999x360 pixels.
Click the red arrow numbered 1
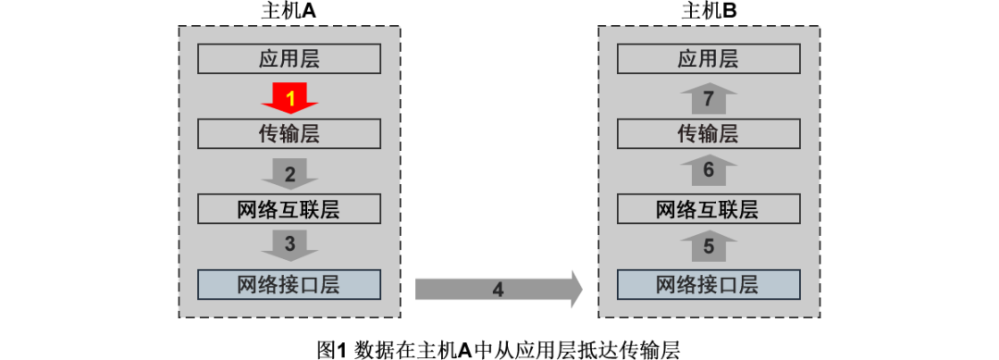(x=290, y=96)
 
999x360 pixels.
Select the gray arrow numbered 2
(x=290, y=172)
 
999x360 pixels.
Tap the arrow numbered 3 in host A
(x=290, y=245)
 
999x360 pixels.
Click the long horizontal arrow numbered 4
(x=498, y=289)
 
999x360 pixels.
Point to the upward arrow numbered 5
(x=709, y=246)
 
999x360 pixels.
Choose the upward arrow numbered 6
(x=709, y=170)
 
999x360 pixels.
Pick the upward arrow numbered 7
(x=709, y=97)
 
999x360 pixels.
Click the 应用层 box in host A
(x=290, y=60)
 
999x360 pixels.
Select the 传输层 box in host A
(x=290, y=134)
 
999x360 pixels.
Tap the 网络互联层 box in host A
(x=290, y=209)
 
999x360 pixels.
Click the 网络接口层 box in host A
(x=290, y=284)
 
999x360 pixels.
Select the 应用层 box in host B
(x=709, y=60)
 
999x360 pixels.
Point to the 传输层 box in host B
(x=709, y=134)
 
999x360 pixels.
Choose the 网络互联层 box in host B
(x=709, y=209)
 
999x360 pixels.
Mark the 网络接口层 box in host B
(x=709, y=284)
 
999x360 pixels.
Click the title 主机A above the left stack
(x=290, y=11)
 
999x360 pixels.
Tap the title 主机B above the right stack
(x=709, y=11)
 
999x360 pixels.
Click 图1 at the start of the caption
(x=330, y=350)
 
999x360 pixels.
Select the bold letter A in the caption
(x=465, y=350)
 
